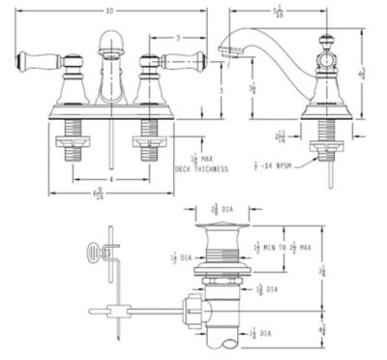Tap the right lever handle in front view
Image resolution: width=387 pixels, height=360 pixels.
182,60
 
